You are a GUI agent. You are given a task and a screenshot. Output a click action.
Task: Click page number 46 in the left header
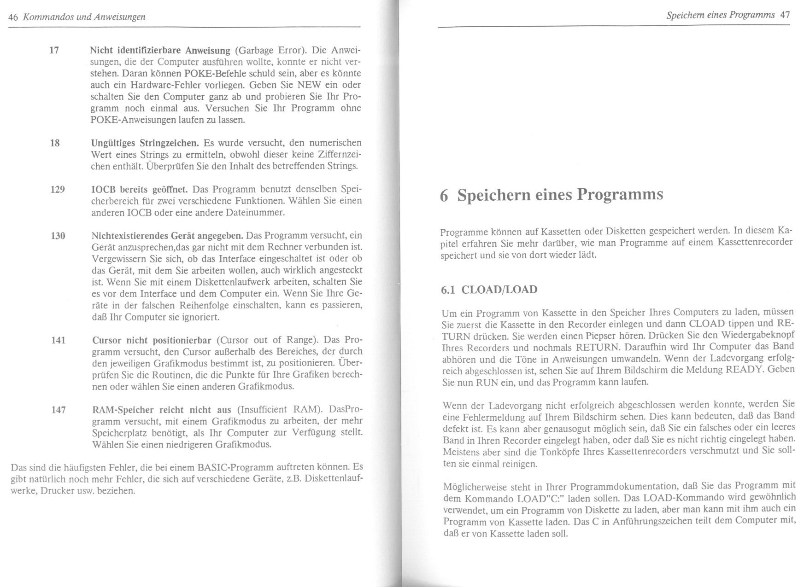coord(13,17)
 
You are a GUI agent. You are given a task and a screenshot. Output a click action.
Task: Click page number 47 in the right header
coord(785,14)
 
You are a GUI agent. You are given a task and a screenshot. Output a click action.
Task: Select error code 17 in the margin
coord(54,50)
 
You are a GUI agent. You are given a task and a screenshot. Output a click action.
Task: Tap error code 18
coord(55,143)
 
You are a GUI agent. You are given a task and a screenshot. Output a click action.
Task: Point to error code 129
coord(57,189)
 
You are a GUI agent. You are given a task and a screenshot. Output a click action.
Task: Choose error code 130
coord(58,236)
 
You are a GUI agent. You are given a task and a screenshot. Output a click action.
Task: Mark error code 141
coord(58,340)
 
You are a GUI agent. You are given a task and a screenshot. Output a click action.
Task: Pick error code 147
coord(59,409)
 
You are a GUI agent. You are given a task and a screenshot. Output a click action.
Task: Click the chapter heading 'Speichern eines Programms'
coord(560,195)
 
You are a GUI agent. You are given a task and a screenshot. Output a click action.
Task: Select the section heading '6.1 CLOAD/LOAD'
coord(489,290)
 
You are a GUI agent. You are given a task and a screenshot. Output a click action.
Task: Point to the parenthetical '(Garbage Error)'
coord(268,50)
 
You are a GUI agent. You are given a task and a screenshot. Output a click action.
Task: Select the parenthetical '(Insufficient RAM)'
coord(281,410)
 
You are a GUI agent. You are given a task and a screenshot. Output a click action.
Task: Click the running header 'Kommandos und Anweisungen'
coord(84,17)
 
